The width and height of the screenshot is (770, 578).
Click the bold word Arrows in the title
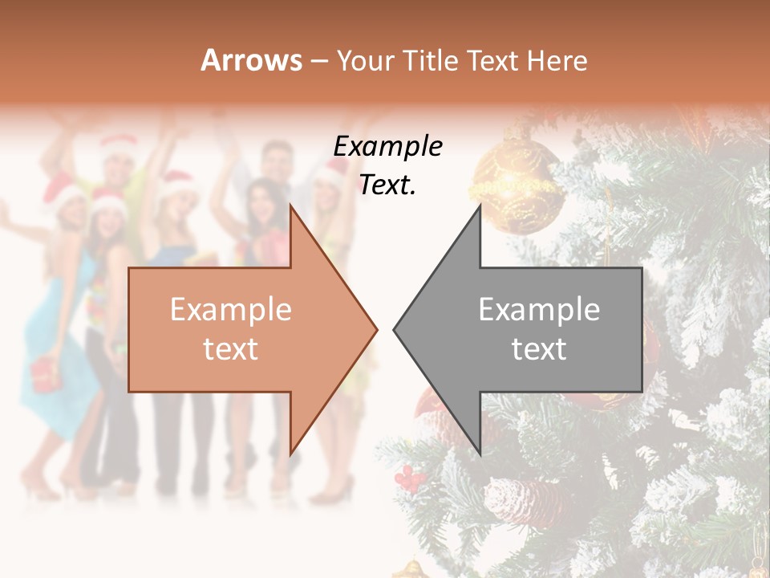click(252, 60)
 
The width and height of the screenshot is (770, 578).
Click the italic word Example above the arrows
click(388, 147)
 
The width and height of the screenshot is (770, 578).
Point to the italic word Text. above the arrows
click(388, 185)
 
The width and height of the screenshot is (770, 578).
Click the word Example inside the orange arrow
click(231, 310)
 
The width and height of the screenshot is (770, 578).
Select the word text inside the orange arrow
click(231, 348)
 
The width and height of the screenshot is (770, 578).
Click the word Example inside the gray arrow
click(539, 310)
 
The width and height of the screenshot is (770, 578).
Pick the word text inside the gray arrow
click(539, 348)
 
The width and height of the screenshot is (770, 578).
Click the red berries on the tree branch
click(411, 478)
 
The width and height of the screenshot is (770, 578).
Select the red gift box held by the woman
click(46, 373)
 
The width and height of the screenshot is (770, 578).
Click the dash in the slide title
click(318, 61)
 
